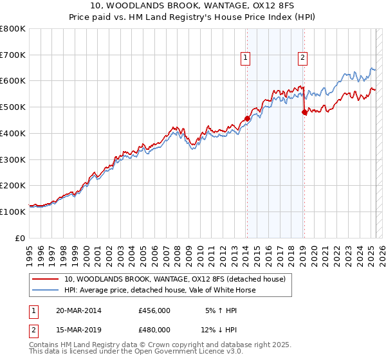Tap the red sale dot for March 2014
coord(247,118)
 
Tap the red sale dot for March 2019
coord(304,112)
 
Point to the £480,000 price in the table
coord(154,330)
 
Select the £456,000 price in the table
coord(154,310)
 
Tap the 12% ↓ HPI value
coord(219,330)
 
